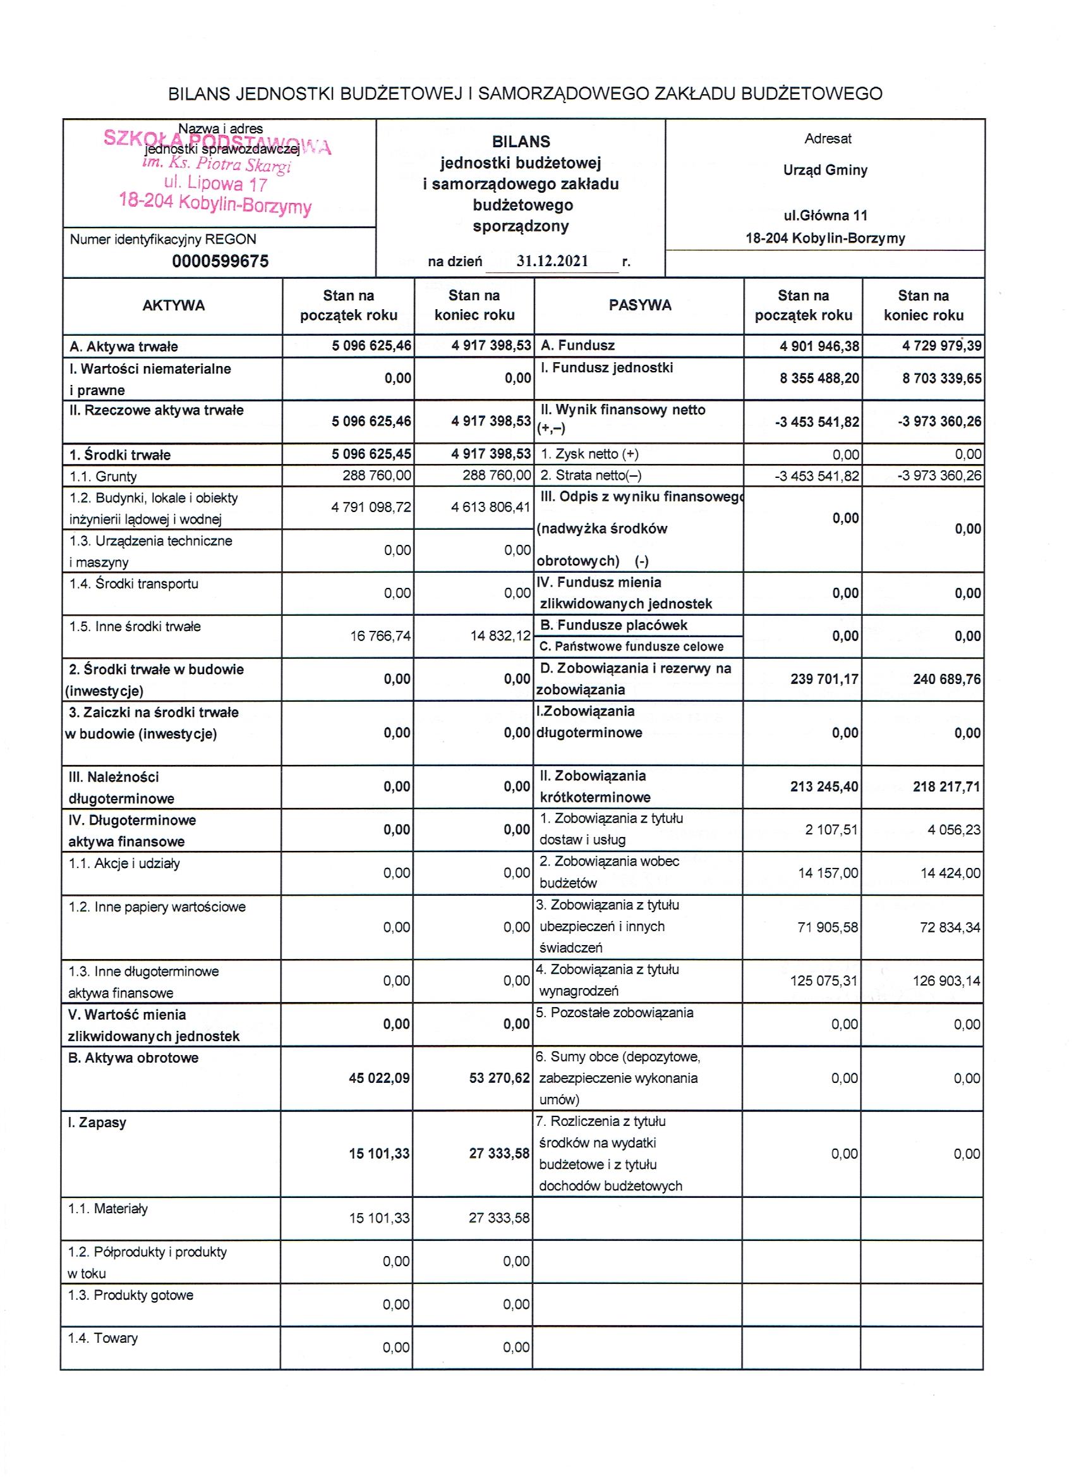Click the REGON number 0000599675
(220, 261)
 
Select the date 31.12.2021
(552, 261)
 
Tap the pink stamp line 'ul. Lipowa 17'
(215, 184)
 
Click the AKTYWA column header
(173, 305)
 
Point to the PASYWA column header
(639, 305)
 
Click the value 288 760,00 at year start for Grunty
(377, 476)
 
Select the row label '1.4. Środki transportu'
(134, 584)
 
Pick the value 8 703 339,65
(941, 378)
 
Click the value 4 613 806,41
(490, 507)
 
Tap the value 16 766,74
(380, 635)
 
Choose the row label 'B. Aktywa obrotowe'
(133, 1058)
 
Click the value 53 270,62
(500, 1078)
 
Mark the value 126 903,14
(946, 980)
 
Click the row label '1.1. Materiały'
(108, 1209)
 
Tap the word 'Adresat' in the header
(828, 139)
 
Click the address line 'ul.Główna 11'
(825, 216)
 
